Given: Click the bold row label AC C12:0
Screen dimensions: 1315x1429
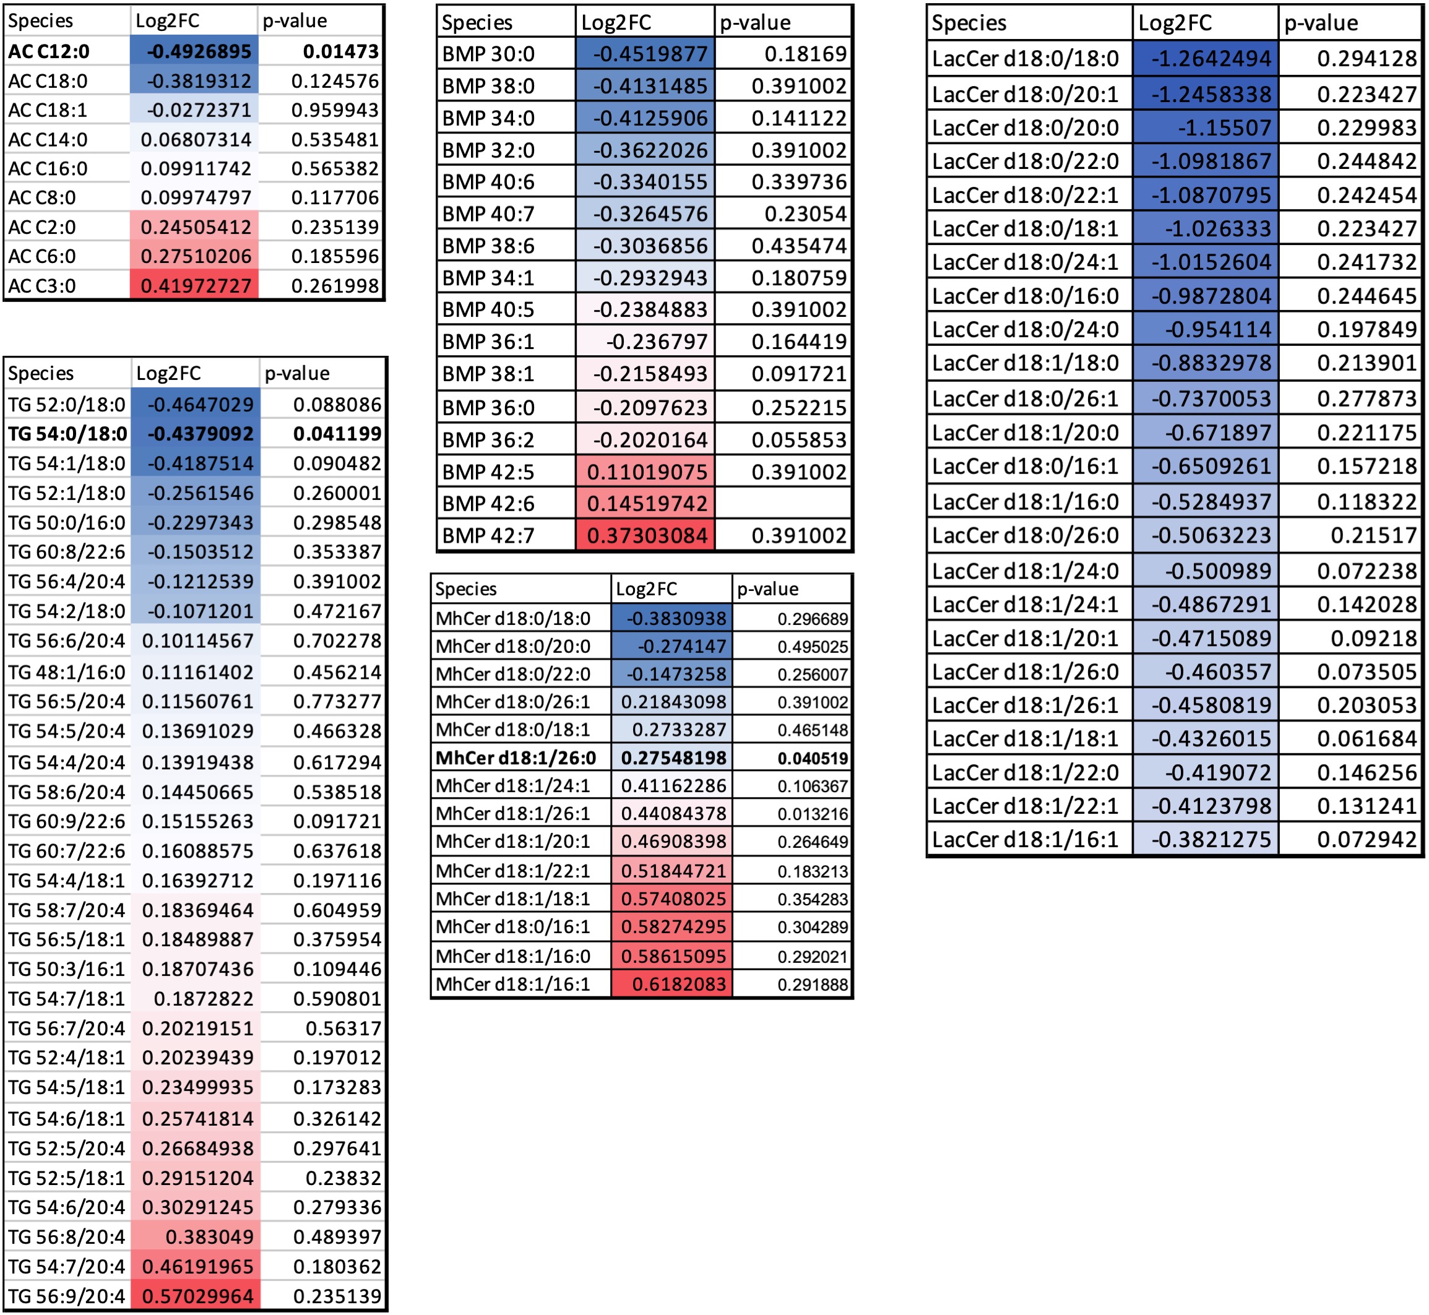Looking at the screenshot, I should pyautogui.click(x=49, y=51).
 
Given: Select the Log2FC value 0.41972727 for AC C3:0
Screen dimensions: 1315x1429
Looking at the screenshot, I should pyautogui.click(x=196, y=286).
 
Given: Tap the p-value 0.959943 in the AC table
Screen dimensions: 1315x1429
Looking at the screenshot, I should pyautogui.click(x=334, y=110).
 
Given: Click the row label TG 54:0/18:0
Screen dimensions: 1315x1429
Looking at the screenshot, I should pyautogui.click(x=67, y=433).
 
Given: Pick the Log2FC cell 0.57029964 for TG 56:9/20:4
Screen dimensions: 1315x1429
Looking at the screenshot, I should pyautogui.click(x=197, y=1296).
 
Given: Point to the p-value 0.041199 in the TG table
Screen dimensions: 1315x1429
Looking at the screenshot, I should pyautogui.click(x=337, y=433).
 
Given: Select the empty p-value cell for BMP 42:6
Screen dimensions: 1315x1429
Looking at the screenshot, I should pyautogui.click(x=783, y=504).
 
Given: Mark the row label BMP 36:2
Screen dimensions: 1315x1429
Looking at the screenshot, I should pyautogui.click(x=488, y=440).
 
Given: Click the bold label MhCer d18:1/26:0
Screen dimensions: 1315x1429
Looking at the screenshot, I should pyautogui.click(x=516, y=758).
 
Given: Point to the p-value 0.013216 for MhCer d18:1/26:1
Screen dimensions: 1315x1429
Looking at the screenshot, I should pyautogui.click(x=812, y=814).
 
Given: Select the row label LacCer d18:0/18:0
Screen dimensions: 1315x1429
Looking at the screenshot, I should pyautogui.click(x=1025, y=58).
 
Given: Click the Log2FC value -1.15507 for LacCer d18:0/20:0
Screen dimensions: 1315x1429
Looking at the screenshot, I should pyautogui.click(x=1224, y=127).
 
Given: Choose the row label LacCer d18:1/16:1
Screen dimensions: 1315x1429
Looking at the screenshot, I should pyautogui.click(x=1025, y=840).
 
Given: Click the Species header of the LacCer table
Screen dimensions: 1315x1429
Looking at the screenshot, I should pyautogui.click(x=969, y=23).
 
